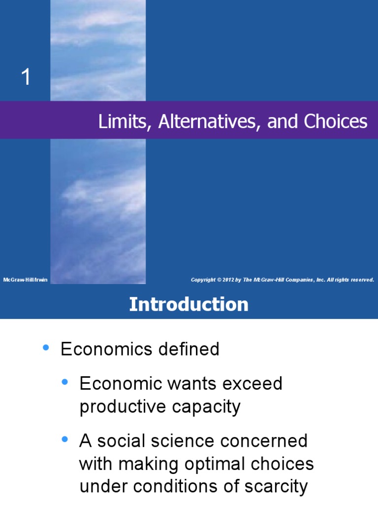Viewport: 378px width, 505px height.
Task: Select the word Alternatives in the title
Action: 210,121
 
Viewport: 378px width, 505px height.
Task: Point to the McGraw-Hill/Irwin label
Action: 25,280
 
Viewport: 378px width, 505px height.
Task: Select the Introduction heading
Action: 189,304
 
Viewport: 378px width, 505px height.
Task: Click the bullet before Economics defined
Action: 46,348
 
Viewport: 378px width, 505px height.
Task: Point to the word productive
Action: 115,407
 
